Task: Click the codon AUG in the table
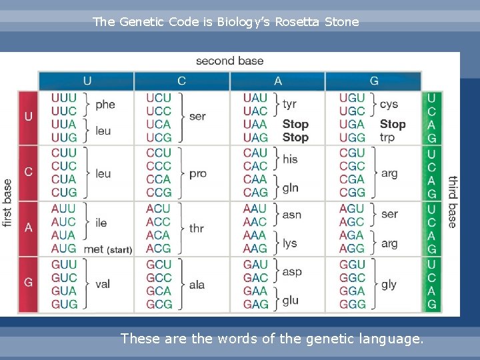click(64, 249)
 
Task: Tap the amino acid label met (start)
click(107, 249)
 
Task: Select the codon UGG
click(352, 137)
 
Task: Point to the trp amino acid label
click(387, 137)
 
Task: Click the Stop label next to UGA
click(393, 124)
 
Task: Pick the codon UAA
click(255, 124)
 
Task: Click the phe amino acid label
click(105, 104)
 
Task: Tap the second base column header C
click(181, 81)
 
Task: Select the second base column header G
click(373, 81)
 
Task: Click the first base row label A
click(28, 228)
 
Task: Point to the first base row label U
click(28, 117)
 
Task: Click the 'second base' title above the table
click(229, 61)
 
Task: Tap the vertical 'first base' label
click(8, 202)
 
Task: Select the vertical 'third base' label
click(452, 202)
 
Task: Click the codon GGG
click(352, 304)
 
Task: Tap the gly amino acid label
click(389, 284)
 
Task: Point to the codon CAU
click(255, 153)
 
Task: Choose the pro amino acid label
click(198, 173)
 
